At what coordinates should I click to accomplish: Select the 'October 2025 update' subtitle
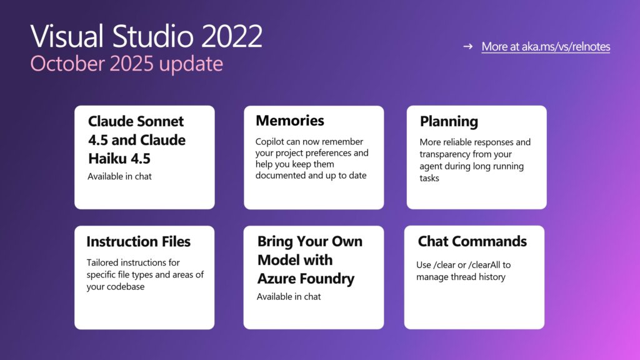click(x=126, y=64)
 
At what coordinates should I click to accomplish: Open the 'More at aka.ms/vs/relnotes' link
click(x=545, y=47)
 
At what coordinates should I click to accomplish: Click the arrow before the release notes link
click(x=467, y=47)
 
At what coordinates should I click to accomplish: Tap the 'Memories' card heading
click(x=290, y=121)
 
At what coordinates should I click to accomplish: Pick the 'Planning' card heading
click(x=449, y=121)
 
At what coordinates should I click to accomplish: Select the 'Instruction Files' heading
click(x=138, y=242)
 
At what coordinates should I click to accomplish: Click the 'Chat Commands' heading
click(x=472, y=241)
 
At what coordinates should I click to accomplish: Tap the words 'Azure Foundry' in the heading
click(x=306, y=279)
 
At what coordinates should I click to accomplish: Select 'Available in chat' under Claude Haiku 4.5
click(x=119, y=176)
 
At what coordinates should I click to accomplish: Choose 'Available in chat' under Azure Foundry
click(x=288, y=296)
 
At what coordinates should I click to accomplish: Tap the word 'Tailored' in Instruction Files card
click(x=103, y=262)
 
